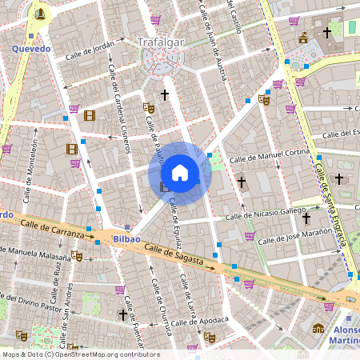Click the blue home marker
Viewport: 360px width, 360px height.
[x=179, y=173]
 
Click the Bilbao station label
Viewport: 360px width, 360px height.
[x=126, y=238]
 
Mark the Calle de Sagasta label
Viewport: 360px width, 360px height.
[x=174, y=256]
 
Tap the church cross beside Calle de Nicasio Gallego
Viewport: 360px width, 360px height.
[x=242, y=182]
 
